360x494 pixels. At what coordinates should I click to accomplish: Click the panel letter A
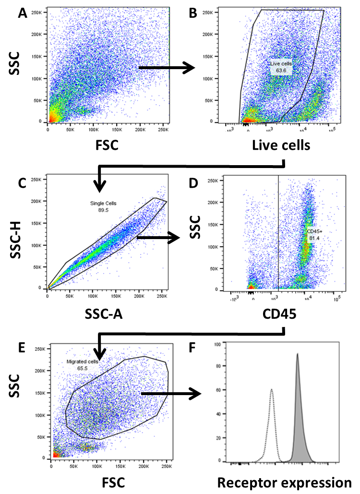pyautogui.click(x=21, y=14)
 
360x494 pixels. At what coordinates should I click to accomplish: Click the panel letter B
pyautogui.click(x=193, y=14)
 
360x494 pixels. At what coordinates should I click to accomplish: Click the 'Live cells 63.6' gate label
pyautogui.click(x=280, y=67)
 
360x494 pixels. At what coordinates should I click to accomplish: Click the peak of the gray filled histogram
pyautogui.click(x=298, y=355)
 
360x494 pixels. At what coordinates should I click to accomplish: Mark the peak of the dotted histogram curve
pyautogui.click(x=272, y=389)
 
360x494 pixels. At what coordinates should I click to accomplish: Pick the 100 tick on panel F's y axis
pyautogui.click(x=217, y=344)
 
